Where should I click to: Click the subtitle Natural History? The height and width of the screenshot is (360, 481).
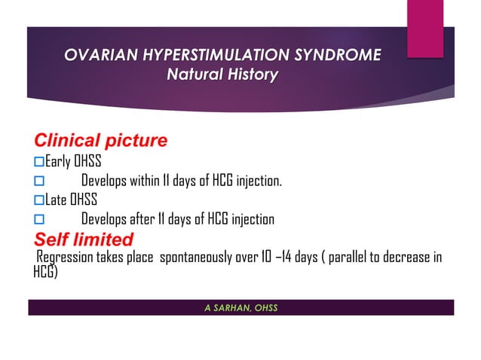pos(222,75)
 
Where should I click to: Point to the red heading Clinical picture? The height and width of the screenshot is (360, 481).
pos(100,141)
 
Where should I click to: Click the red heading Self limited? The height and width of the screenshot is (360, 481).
pos(84,239)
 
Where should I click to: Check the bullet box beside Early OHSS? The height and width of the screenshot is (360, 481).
pos(40,161)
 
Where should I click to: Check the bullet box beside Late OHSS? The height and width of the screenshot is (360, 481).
pos(40,200)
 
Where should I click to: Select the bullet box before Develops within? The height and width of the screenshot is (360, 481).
pos(40,182)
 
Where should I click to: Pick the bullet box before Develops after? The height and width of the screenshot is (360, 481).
pos(40,221)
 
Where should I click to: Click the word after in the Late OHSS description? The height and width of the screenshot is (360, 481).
pos(140,220)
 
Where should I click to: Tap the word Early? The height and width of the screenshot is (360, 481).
pos(57,161)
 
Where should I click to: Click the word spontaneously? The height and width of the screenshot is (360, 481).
pos(201,258)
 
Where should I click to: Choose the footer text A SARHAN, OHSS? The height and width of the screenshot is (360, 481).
pos(240,307)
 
